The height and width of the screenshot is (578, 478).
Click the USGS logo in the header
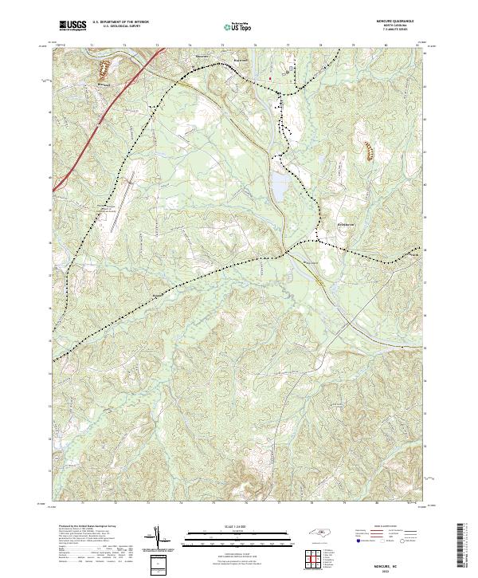(72, 26)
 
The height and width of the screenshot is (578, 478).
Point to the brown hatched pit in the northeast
(369, 147)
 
